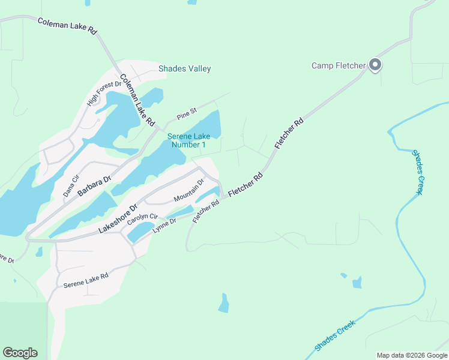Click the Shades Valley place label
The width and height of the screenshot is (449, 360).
[x=184, y=68]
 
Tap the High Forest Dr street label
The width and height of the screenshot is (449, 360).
[x=100, y=94]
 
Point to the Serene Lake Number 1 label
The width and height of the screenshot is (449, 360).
[x=188, y=140]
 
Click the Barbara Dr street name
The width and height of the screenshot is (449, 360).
[x=94, y=187]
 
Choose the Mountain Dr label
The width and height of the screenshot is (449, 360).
[x=189, y=194]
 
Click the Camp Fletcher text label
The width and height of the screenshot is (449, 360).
[x=338, y=65]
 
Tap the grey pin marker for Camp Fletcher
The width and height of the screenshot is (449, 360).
[x=375, y=64]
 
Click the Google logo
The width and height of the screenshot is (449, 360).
[x=20, y=353]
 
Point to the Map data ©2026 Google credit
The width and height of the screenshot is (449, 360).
[x=411, y=355]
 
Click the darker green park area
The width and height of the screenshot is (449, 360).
[x=23, y=330]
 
